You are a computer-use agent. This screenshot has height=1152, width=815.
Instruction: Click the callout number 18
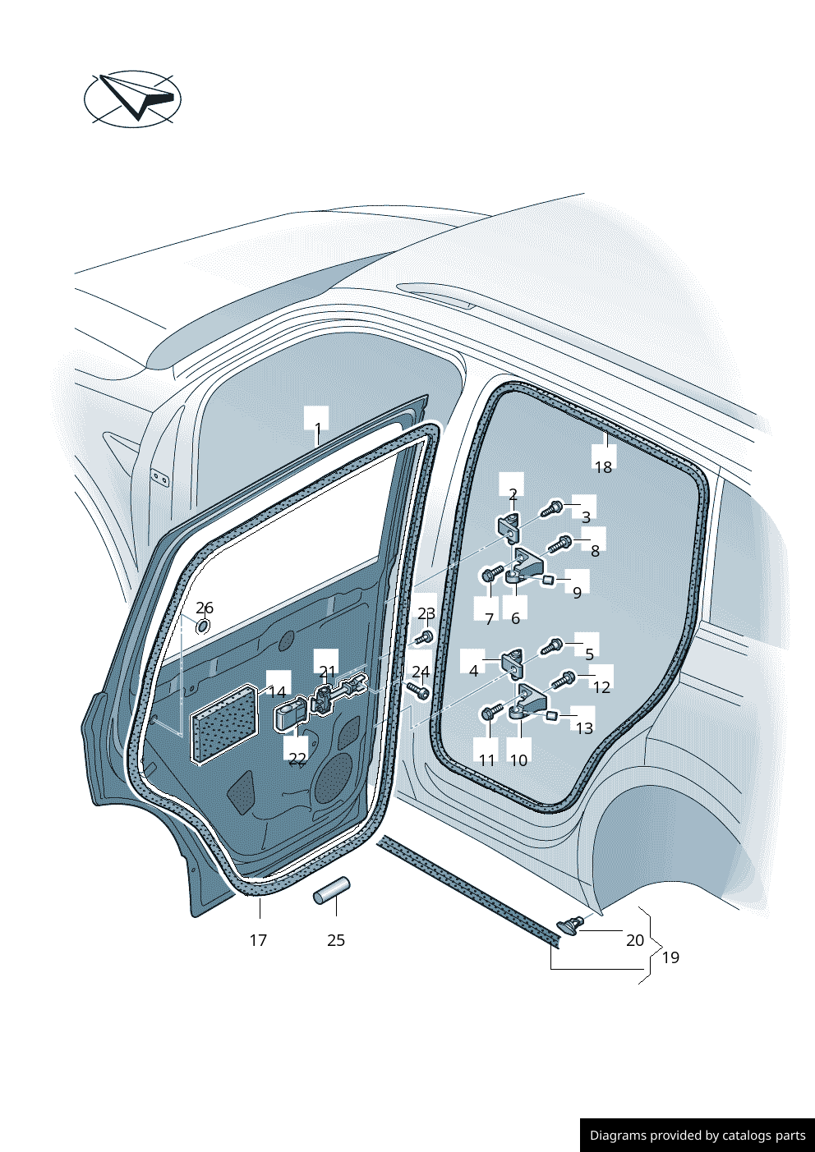(x=604, y=467)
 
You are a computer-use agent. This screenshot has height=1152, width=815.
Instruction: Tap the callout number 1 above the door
(x=317, y=429)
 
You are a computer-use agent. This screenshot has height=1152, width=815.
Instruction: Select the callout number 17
(x=258, y=940)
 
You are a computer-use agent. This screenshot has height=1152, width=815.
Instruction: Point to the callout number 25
(x=336, y=940)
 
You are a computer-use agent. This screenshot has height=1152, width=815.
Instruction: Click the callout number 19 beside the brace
(x=670, y=957)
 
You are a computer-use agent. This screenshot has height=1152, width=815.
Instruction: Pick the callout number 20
(x=635, y=940)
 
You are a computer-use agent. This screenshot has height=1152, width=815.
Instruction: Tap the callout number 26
(x=205, y=608)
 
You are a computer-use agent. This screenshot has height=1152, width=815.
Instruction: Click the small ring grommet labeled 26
(x=203, y=626)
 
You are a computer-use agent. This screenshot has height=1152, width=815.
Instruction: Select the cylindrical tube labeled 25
(x=332, y=891)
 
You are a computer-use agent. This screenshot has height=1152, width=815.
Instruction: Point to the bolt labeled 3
(x=551, y=509)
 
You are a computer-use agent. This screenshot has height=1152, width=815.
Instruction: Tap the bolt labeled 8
(x=559, y=544)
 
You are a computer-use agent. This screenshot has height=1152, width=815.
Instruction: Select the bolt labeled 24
(x=418, y=691)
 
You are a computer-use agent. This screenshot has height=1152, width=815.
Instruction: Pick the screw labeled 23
(x=424, y=638)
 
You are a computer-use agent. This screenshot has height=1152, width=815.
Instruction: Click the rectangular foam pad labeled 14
(x=224, y=723)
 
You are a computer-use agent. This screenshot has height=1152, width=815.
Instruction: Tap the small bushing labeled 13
(x=551, y=715)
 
